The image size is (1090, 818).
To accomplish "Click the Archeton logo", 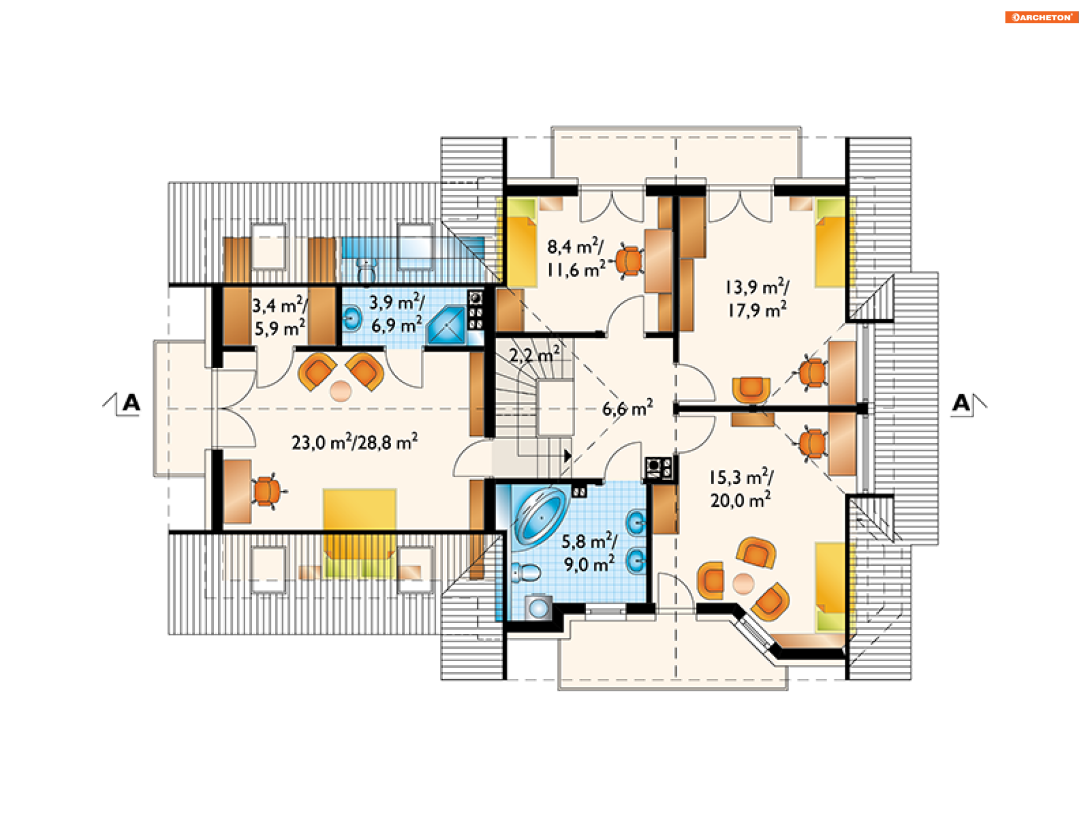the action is point(1042,17).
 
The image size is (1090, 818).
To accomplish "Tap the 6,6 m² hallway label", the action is point(627,408).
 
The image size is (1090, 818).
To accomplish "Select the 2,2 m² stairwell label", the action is point(534,354).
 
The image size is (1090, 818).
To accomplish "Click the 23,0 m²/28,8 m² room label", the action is point(355,442).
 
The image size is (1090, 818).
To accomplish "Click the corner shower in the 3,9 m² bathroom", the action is point(447,326).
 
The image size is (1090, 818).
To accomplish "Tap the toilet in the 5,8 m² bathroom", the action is point(526,572).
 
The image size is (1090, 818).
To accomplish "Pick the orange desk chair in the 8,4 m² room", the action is point(628,261).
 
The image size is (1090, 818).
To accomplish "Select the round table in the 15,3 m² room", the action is point(743,583).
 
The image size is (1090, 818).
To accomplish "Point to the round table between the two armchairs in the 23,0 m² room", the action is point(341,391).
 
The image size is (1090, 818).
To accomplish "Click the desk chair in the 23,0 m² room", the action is point(267,491).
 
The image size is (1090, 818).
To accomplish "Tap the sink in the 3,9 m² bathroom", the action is point(352,319).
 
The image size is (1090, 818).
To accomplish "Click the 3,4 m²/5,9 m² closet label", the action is point(279,317).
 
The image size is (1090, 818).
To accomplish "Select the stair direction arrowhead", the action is point(568,456).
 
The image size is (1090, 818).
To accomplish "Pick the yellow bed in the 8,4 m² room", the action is point(521,242).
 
